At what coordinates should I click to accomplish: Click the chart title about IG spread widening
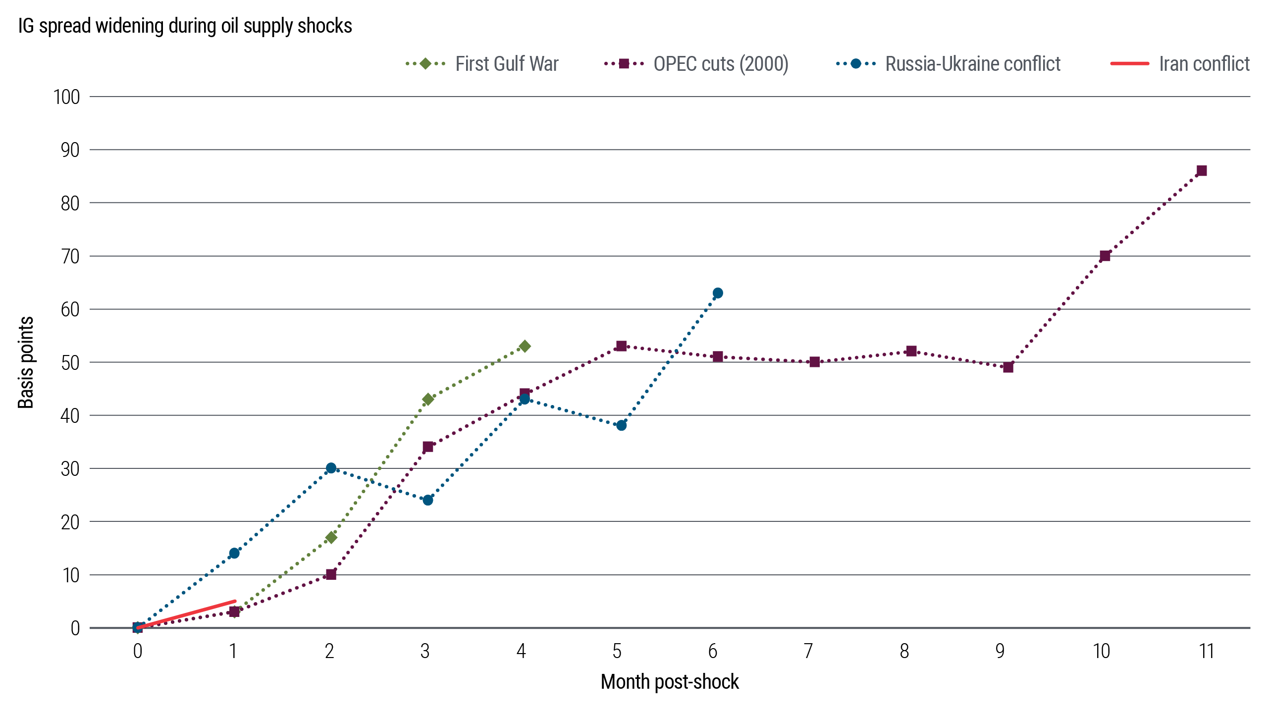[185, 26]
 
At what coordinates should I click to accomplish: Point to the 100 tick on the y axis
[67, 97]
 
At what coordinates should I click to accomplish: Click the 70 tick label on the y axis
[70, 256]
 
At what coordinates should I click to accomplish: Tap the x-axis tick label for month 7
[808, 652]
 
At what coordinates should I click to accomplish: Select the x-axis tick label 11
[1207, 652]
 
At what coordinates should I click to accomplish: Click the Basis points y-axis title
[26, 362]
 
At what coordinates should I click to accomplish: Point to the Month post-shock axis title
[670, 682]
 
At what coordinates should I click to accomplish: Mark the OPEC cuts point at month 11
[1202, 171]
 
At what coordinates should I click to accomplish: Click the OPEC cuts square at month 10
[1105, 256]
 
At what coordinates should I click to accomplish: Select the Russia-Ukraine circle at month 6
[718, 293]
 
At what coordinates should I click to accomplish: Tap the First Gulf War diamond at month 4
[525, 346]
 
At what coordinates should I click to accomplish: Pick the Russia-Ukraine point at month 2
[331, 468]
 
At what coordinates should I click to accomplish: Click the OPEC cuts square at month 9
[1008, 367]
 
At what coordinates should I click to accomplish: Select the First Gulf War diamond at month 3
[428, 399]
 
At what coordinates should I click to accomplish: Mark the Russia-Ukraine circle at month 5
[621, 425]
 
